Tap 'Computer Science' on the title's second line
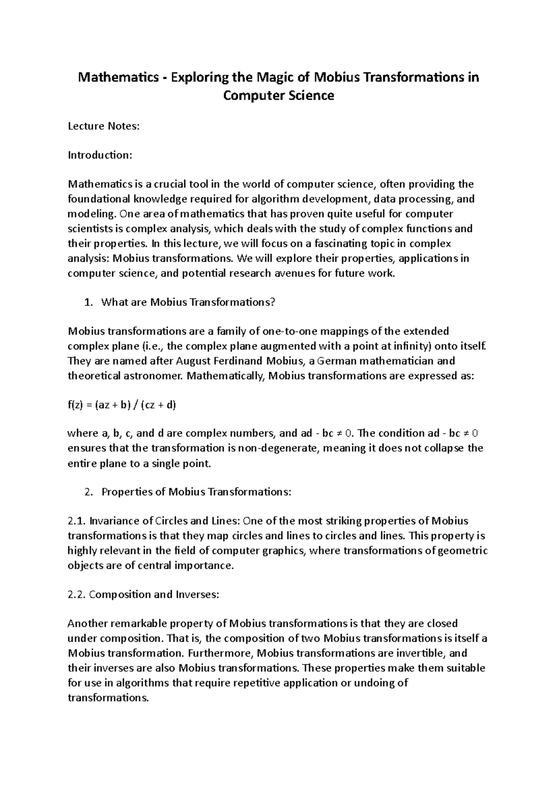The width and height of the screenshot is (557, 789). (x=278, y=96)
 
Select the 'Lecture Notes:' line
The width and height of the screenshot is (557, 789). (x=104, y=126)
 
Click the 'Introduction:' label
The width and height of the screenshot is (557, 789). (x=100, y=155)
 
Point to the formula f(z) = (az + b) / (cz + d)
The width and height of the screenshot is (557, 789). (x=122, y=405)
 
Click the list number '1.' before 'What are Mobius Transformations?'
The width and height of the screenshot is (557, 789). (x=89, y=302)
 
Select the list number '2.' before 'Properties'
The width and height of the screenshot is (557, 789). (x=89, y=492)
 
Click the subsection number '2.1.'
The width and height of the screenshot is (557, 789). (x=77, y=521)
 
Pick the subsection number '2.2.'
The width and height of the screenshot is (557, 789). (x=77, y=594)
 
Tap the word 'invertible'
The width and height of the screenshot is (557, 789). (x=420, y=653)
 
